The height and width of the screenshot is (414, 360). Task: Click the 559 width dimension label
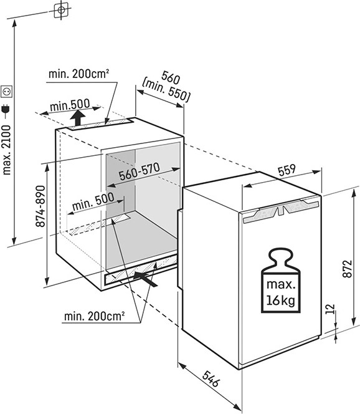[287, 170]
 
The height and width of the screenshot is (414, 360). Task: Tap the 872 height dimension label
[348, 269]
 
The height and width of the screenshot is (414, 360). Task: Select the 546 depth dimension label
[211, 379]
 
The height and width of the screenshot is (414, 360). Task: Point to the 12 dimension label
[330, 309]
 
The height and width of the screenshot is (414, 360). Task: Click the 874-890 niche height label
[40, 206]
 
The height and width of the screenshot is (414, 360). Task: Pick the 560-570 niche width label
[140, 171]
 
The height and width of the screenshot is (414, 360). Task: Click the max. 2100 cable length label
[6, 150]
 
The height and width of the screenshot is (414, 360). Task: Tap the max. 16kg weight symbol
[280, 281]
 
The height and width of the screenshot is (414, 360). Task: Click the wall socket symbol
[6, 92]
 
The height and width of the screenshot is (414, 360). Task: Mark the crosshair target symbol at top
[61, 10]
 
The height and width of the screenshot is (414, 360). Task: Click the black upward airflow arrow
[78, 118]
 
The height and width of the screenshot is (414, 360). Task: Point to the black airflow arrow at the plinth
[145, 279]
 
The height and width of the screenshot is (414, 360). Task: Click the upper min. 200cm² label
[78, 74]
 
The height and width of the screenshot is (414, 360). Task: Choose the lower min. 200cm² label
[94, 315]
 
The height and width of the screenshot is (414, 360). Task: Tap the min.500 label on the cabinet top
[70, 105]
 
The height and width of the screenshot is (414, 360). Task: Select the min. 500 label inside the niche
[93, 202]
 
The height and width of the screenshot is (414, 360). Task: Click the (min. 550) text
[166, 91]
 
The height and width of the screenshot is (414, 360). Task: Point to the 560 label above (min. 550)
[171, 77]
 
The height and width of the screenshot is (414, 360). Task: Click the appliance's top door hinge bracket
[282, 210]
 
